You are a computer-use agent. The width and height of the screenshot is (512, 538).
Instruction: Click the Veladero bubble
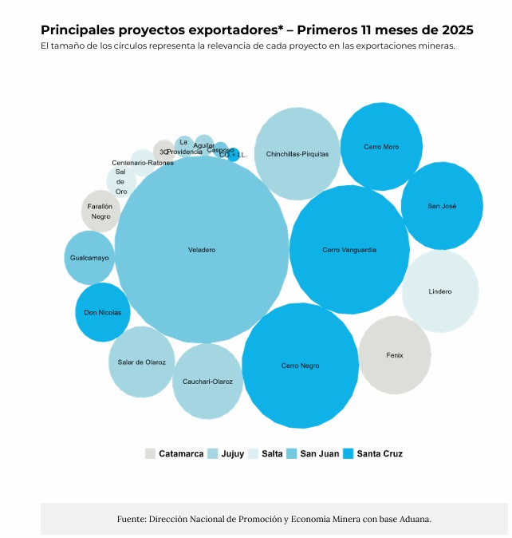(202, 250)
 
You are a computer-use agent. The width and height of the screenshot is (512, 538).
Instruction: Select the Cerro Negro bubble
(300, 366)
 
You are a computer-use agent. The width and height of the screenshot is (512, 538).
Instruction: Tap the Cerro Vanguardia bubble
(349, 250)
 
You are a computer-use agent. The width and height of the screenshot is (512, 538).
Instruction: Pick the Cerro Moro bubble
(381, 147)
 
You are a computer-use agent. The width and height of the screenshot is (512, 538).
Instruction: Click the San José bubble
(442, 206)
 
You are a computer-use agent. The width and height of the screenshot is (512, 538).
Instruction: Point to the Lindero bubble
(440, 291)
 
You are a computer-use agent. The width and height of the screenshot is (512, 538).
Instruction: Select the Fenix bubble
(395, 354)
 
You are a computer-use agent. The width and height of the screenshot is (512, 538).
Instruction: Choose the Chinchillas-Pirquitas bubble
(297, 154)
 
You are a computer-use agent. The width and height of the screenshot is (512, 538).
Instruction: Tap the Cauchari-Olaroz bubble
(207, 382)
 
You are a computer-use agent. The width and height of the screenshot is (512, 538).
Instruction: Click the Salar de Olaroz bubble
(141, 362)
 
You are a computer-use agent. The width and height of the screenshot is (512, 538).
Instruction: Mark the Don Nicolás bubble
(103, 312)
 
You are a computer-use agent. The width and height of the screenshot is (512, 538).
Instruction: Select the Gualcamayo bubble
(89, 258)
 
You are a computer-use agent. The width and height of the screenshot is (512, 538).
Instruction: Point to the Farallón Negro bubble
(100, 212)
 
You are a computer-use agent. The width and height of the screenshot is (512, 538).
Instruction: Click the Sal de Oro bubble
(121, 182)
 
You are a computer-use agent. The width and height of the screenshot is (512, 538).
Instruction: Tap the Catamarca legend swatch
(150, 453)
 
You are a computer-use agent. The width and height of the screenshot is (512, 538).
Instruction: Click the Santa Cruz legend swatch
(349, 453)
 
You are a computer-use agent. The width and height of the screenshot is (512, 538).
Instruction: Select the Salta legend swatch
(253, 453)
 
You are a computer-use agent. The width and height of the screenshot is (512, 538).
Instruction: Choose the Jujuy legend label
(233, 453)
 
